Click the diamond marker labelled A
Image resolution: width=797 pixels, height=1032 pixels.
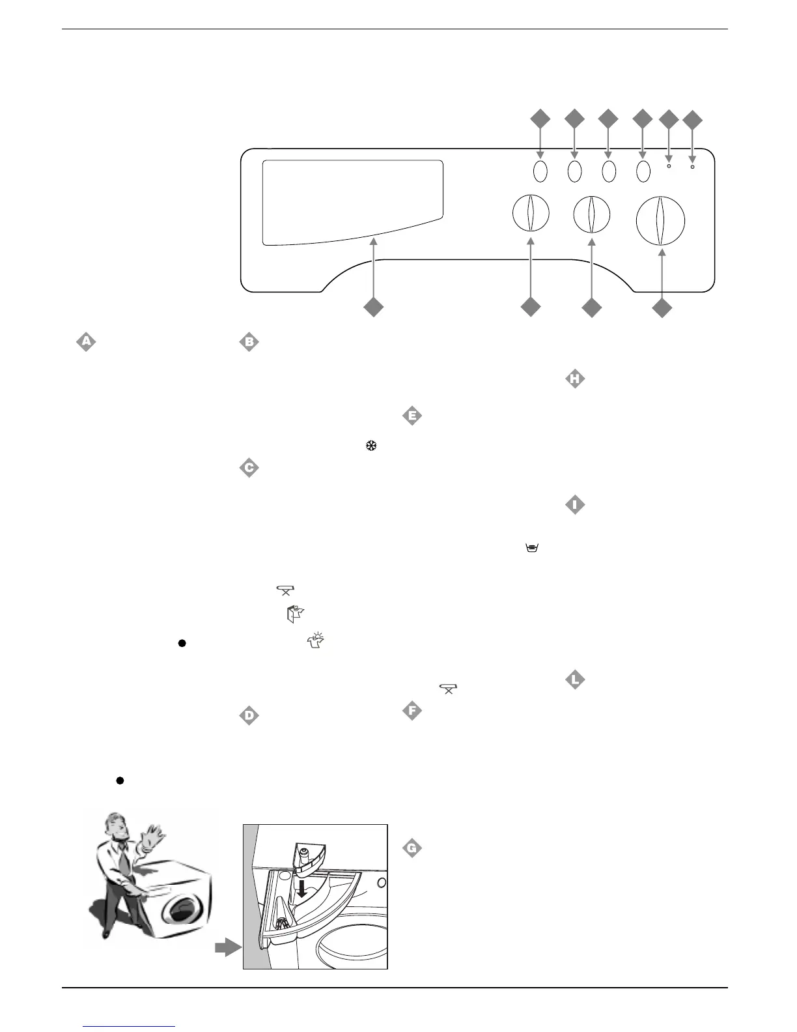pos(85,341)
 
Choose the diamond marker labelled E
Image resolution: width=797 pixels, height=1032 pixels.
pos(412,415)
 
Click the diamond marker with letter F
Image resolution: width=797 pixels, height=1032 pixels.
pos(412,711)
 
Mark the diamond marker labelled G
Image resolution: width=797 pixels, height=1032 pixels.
pos(412,848)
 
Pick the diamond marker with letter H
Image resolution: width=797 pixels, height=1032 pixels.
pos(574,379)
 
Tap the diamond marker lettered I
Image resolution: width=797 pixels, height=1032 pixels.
pos(574,505)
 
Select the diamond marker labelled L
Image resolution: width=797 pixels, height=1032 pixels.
pos(574,680)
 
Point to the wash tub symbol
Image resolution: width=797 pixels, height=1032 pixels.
pos(531,549)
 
